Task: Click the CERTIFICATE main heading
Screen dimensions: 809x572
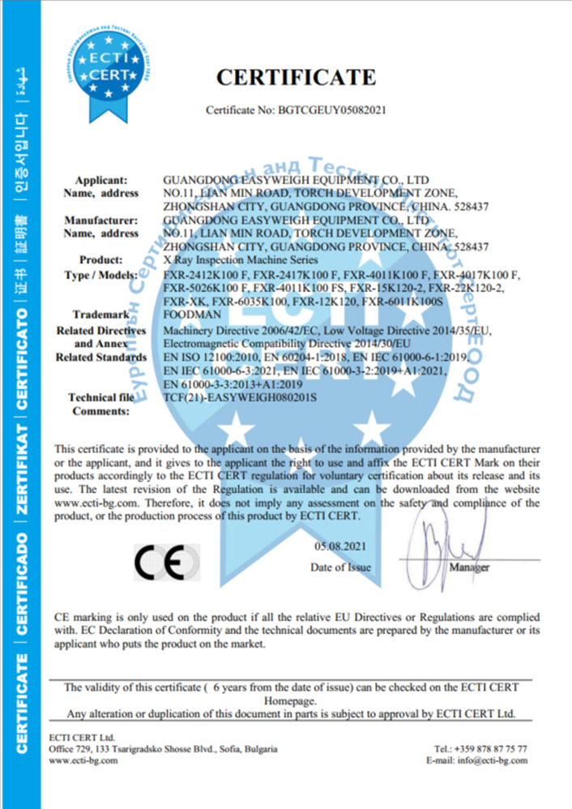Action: [296, 78]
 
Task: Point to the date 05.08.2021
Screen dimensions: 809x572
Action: [339, 549]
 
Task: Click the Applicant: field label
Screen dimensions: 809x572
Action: [101, 179]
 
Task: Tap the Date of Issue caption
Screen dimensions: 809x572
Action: [340, 567]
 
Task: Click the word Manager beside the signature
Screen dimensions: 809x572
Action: [469, 567]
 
